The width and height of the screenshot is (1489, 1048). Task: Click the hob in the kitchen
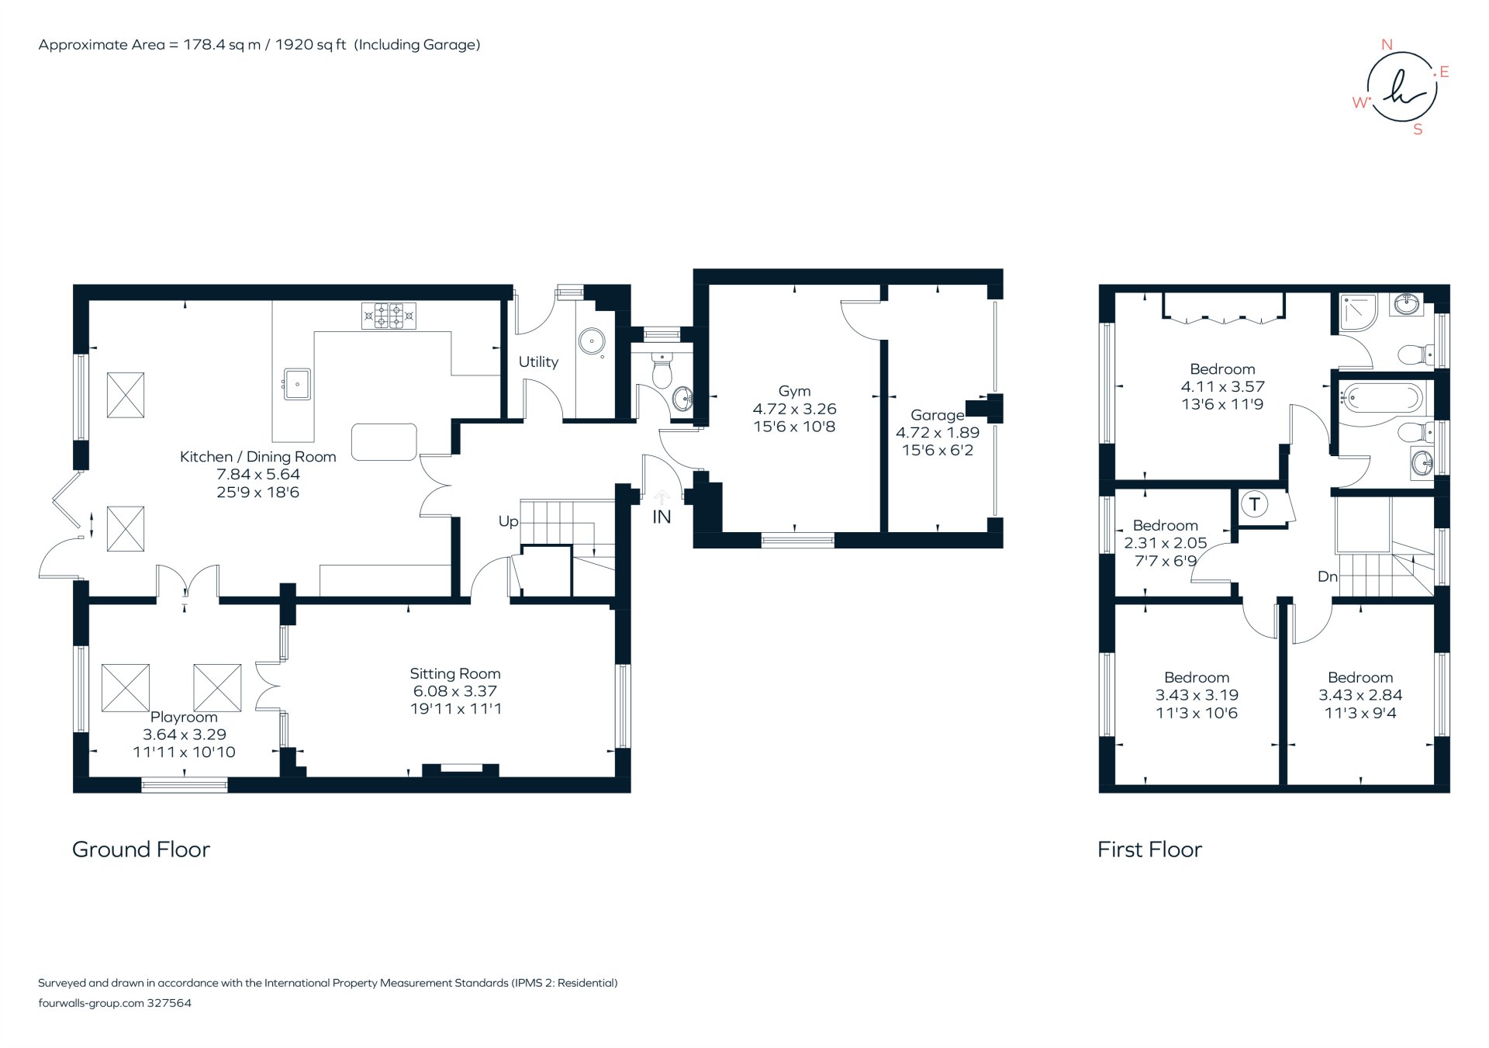pos(389,316)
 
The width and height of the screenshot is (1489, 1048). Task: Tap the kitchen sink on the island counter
pos(297,384)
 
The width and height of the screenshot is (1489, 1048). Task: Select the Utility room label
pos(538,361)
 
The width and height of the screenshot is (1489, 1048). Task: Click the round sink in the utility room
pos(592,341)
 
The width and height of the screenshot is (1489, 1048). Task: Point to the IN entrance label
pos(662,517)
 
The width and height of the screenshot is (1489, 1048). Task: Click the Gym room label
pos(794,391)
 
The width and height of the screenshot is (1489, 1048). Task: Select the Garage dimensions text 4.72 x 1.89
pos(937,433)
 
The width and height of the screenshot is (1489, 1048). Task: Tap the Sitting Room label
pos(455,673)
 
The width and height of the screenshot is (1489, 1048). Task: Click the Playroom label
pos(184,717)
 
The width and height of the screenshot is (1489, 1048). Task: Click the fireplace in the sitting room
pos(461,769)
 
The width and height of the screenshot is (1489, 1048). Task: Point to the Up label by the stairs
pos(508,521)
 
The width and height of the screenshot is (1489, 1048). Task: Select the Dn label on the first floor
pos(1327,576)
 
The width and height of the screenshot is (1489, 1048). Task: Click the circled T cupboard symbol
pos(1254,505)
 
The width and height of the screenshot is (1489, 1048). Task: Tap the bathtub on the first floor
pos(1381,399)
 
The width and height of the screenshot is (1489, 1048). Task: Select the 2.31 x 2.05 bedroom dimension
pos(1165,543)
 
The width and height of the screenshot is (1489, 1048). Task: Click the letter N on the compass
pos(1387,45)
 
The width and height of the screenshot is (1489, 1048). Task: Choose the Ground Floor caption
pos(141,849)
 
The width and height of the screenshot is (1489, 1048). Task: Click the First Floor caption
pos(1149,849)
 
